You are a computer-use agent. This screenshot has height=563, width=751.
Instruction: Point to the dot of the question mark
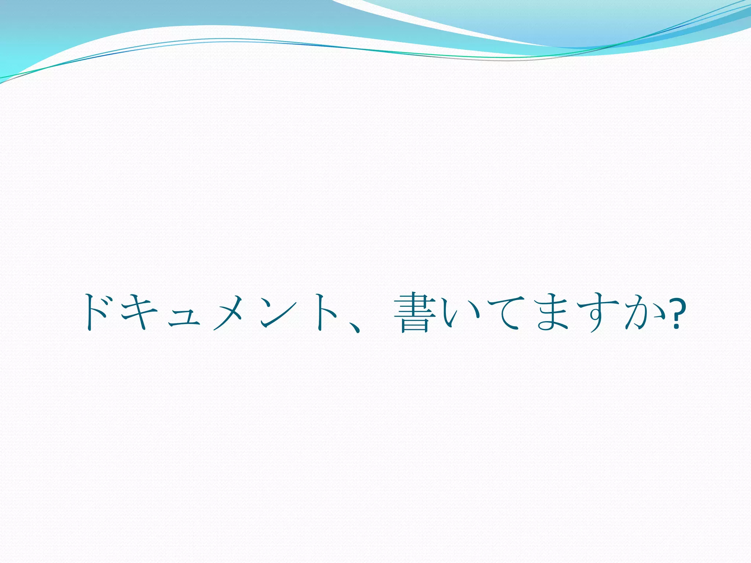(x=675, y=326)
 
